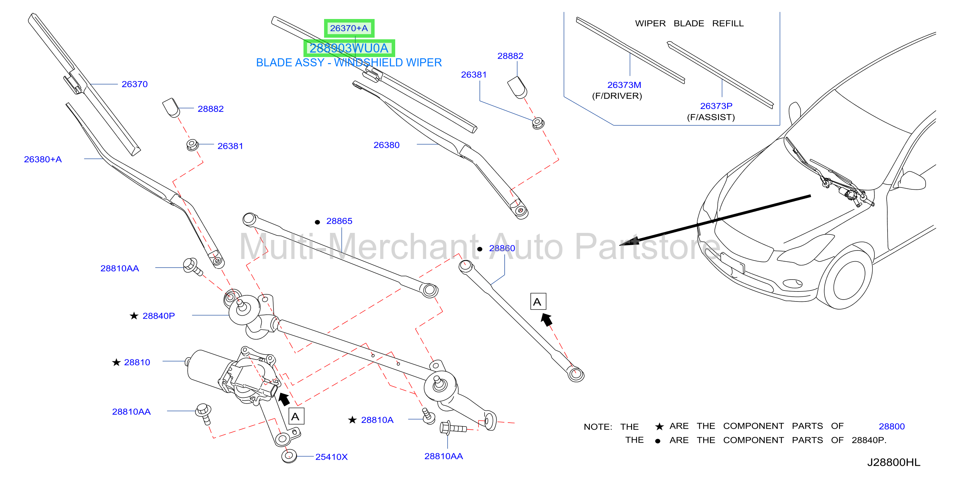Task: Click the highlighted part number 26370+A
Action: [349, 28]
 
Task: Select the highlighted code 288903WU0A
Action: [349, 48]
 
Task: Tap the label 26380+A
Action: [43, 159]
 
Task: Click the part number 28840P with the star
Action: [158, 316]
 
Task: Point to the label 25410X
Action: [331, 457]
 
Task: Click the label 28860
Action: [502, 248]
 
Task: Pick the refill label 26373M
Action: [624, 85]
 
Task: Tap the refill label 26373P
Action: [716, 106]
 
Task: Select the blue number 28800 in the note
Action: [891, 426]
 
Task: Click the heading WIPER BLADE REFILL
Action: [689, 24]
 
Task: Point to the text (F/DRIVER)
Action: [617, 96]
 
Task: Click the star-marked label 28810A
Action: [377, 420]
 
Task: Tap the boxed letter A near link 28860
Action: [538, 301]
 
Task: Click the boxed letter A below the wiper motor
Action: [296, 416]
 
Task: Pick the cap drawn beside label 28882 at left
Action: [171, 108]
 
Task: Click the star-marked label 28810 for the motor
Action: [137, 363]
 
